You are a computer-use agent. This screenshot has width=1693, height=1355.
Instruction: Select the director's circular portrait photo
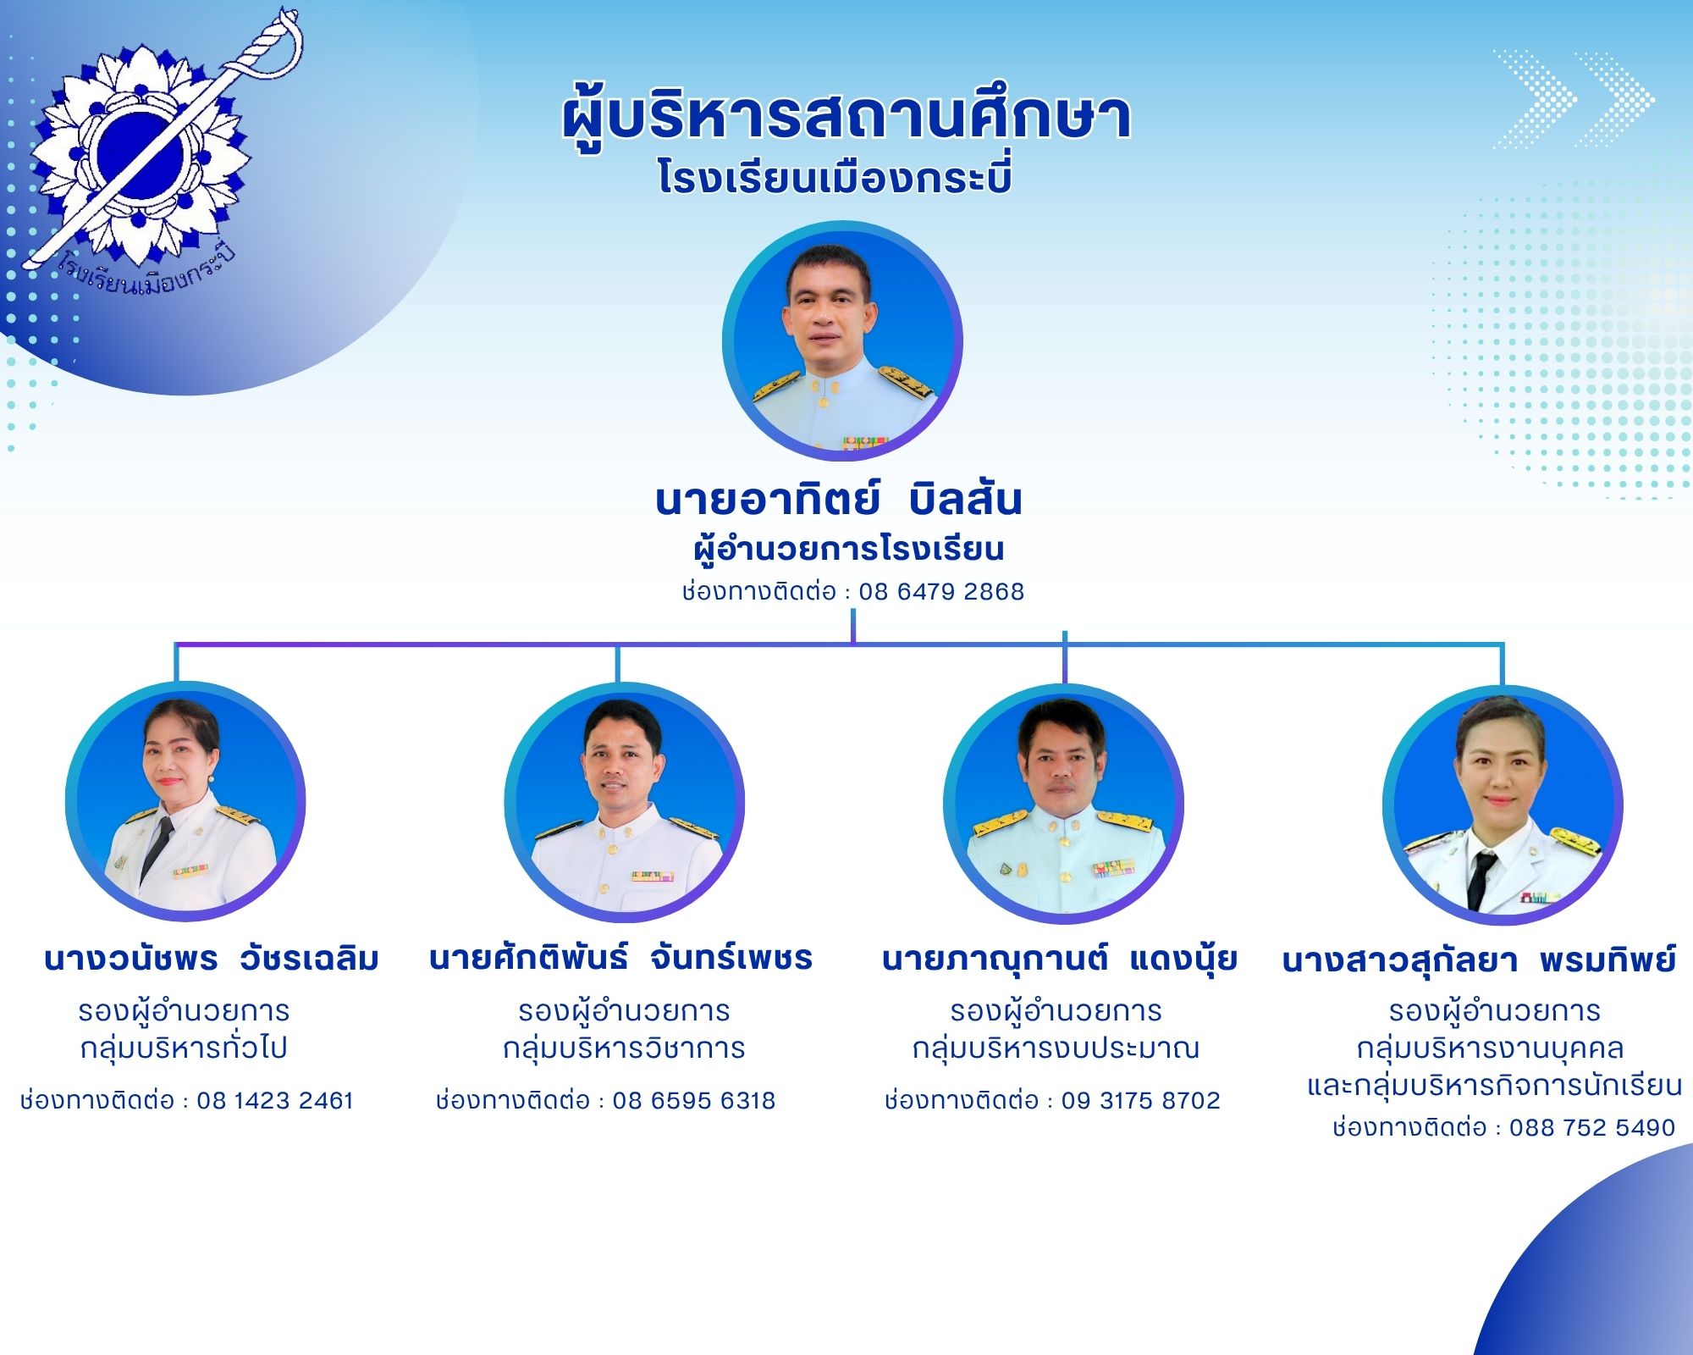[842, 341]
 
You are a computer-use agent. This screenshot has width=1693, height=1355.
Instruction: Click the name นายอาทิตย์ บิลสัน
[839, 500]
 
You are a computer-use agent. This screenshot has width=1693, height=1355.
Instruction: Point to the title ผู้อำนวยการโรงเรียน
[848, 548]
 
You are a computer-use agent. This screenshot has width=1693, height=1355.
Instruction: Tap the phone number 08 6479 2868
[941, 591]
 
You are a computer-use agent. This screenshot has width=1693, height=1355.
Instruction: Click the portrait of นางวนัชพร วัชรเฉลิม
[185, 801]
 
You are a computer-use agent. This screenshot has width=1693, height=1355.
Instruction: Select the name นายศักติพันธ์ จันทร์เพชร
[620, 959]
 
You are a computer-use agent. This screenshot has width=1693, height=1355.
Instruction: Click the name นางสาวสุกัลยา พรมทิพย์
[1479, 960]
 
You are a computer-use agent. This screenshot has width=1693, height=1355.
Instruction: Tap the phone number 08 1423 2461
[275, 1100]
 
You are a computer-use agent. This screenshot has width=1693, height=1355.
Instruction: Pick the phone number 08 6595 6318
[694, 1100]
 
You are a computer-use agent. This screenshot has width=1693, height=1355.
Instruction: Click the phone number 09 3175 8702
[1141, 1100]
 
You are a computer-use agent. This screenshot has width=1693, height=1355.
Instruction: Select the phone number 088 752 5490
[1592, 1127]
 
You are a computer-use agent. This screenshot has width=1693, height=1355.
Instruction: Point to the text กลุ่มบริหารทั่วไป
[184, 1048]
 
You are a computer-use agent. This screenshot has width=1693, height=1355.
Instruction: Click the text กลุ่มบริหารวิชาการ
[624, 1048]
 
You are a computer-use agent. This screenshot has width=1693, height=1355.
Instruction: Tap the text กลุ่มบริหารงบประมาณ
[1056, 1048]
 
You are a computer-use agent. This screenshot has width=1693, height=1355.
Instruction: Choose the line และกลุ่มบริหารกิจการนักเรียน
[1494, 1085]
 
